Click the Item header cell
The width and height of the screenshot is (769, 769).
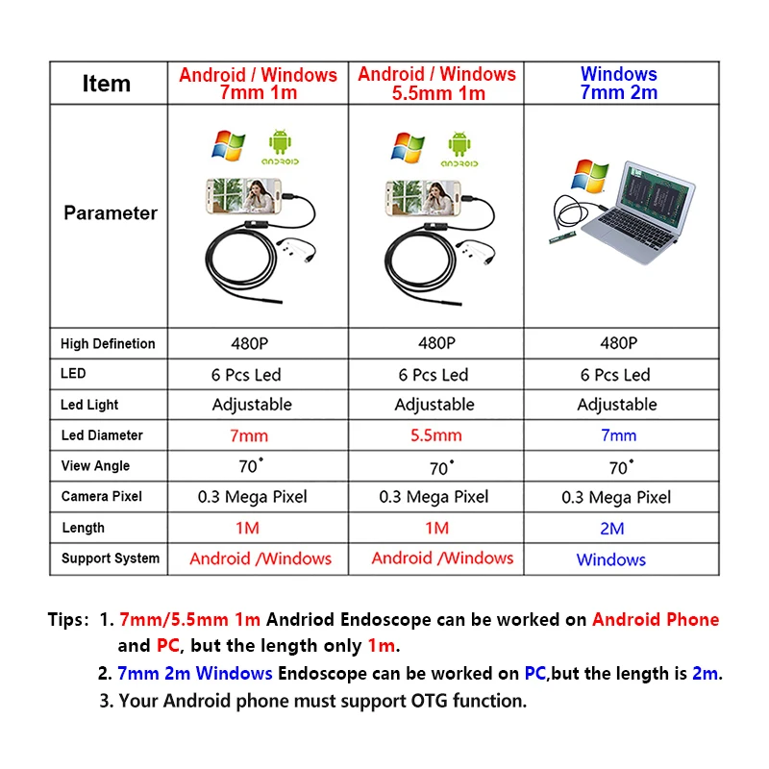[107, 84]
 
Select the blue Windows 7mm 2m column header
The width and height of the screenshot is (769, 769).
[618, 84]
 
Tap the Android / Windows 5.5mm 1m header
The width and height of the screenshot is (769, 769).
[436, 84]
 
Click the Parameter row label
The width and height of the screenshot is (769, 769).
[110, 212]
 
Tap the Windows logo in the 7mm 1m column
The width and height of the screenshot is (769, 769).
[229, 145]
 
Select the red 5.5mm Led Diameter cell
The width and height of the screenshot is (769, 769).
[436, 435]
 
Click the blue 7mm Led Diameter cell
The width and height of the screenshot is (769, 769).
[618, 435]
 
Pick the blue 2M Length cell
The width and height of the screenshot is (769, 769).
[611, 528]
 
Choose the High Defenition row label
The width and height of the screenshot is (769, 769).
[108, 343]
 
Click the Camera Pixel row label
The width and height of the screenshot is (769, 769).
[102, 497]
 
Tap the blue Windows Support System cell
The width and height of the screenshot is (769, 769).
[611, 559]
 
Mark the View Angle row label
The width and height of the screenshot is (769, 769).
[95, 466]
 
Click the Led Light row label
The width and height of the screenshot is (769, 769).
[89, 405]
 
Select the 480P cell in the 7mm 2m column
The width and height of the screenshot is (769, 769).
[618, 343]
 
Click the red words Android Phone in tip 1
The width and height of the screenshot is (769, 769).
[656, 620]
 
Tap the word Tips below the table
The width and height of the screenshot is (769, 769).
[68, 620]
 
